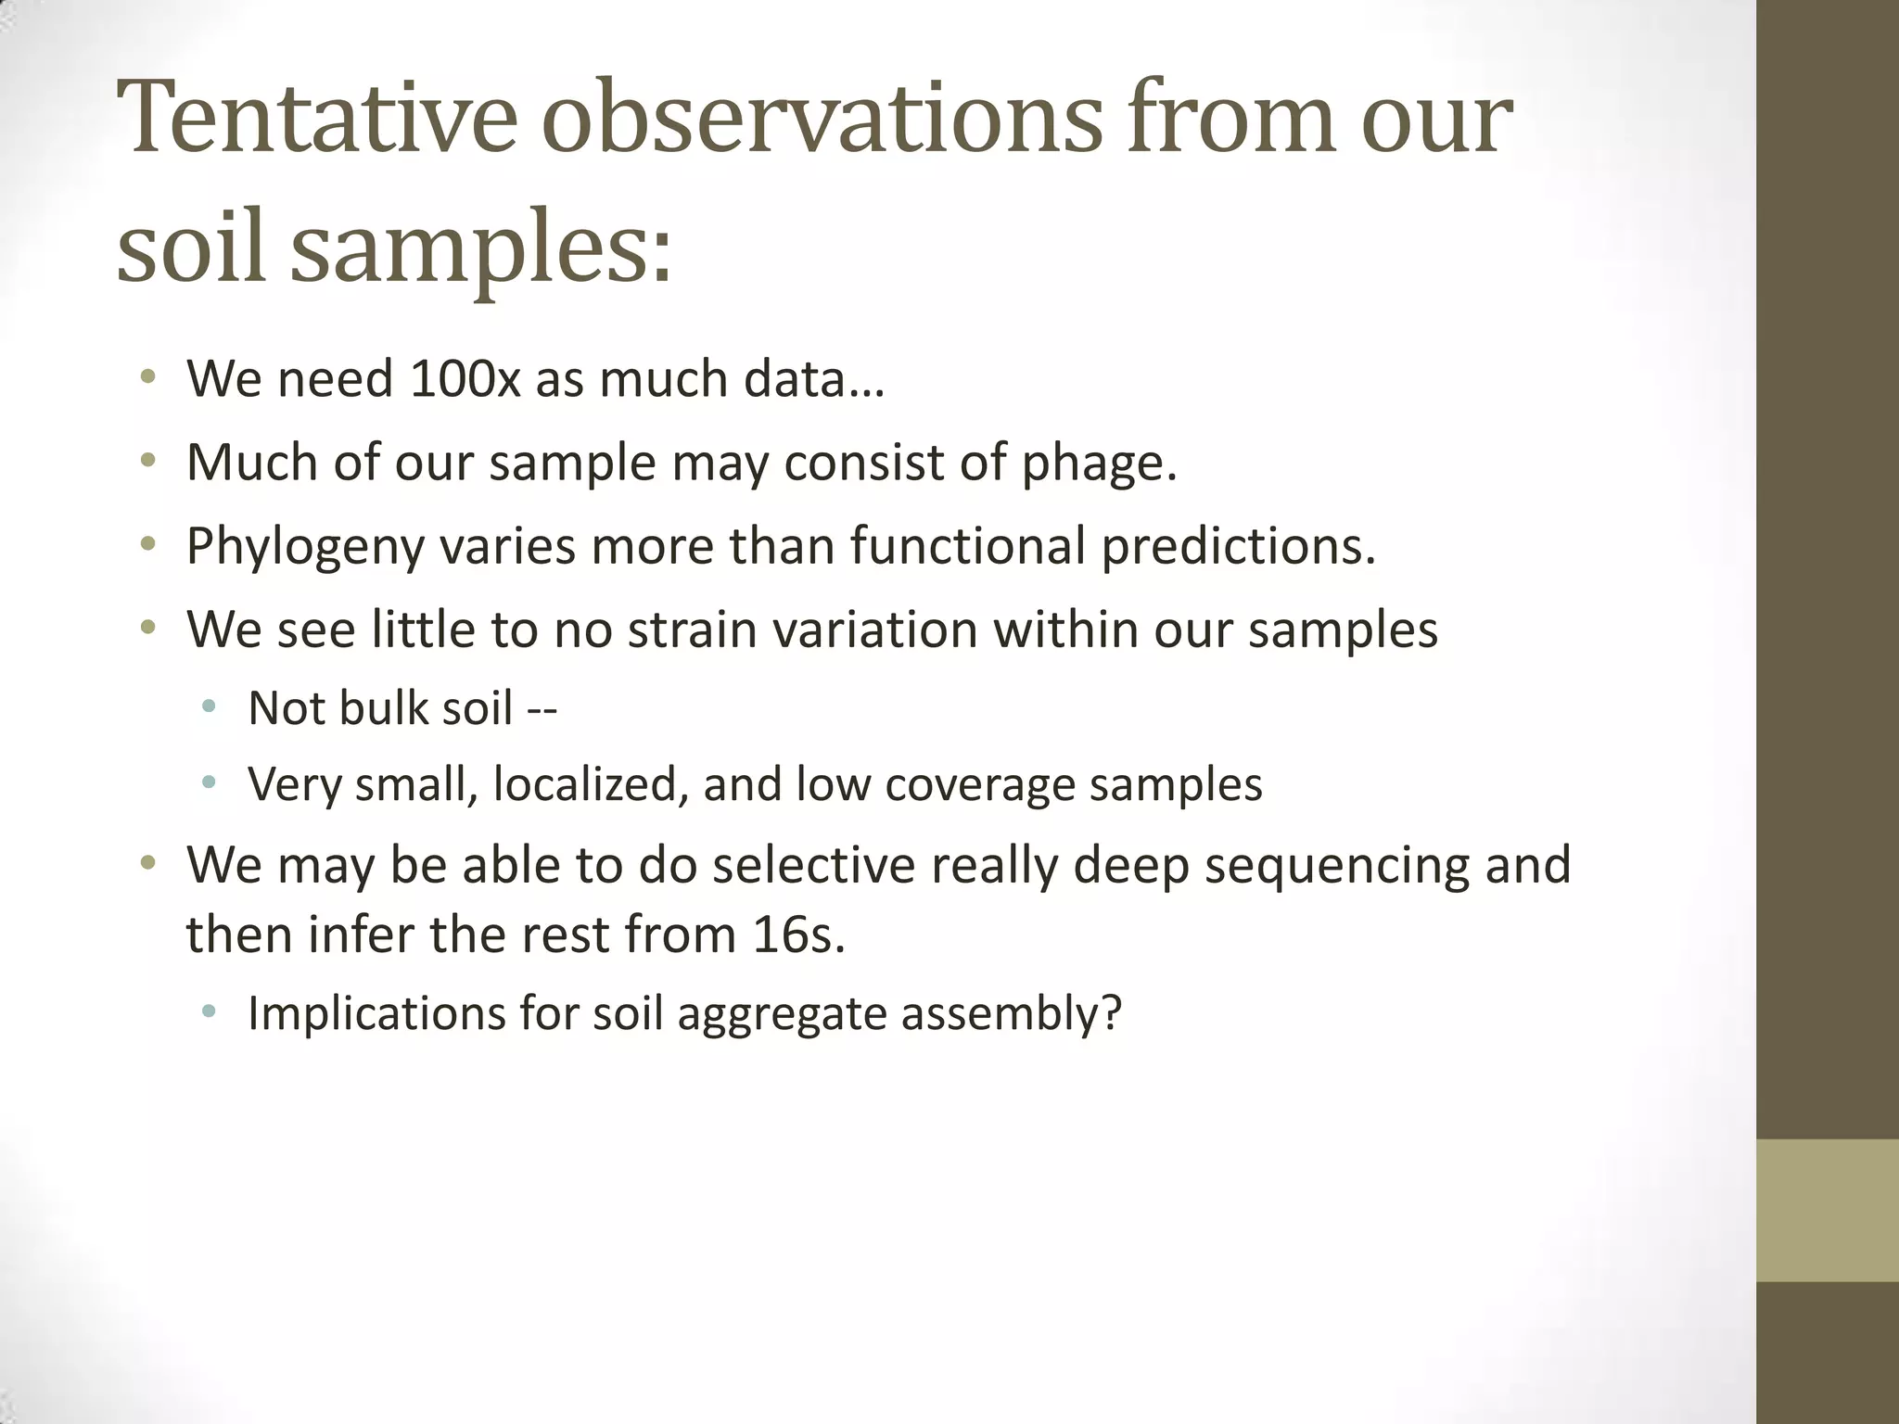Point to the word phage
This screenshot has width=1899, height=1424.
(1099, 464)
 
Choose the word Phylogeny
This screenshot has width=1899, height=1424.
(305, 547)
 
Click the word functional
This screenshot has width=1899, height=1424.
(967, 545)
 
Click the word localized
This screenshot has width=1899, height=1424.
(591, 784)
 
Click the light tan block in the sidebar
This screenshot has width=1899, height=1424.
(1827, 1210)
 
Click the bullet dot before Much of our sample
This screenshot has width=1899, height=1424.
(147, 461)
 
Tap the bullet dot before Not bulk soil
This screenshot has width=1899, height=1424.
(209, 707)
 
